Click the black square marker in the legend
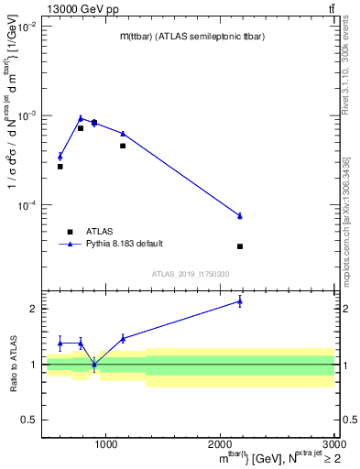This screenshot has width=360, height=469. (69, 232)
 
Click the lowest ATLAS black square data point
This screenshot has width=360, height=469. (240, 246)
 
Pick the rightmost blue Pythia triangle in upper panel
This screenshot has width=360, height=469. (240, 215)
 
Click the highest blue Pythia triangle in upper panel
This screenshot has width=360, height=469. (81, 117)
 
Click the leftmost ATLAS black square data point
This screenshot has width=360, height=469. (60, 166)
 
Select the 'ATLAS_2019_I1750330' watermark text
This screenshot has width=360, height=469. (190, 274)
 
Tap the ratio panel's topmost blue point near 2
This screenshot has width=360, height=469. (240, 300)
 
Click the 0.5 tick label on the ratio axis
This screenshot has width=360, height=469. (30, 420)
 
